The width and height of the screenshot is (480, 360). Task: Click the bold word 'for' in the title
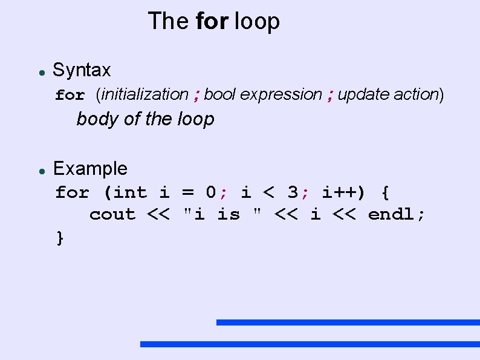click(x=212, y=21)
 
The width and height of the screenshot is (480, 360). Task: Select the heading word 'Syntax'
click(x=82, y=70)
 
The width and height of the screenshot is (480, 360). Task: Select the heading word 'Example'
click(x=90, y=169)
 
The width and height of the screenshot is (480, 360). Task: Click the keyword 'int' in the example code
click(x=129, y=193)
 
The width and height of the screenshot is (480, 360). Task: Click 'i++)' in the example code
click(x=343, y=193)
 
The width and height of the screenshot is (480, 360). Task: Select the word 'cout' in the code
click(x=112, y=215)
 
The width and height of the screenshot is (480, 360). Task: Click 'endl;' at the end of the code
click(x=397, y=215)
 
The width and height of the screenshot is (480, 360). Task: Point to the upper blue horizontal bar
click(x=348, y=322)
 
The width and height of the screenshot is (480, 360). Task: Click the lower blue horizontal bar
click(x=310, y=344)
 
